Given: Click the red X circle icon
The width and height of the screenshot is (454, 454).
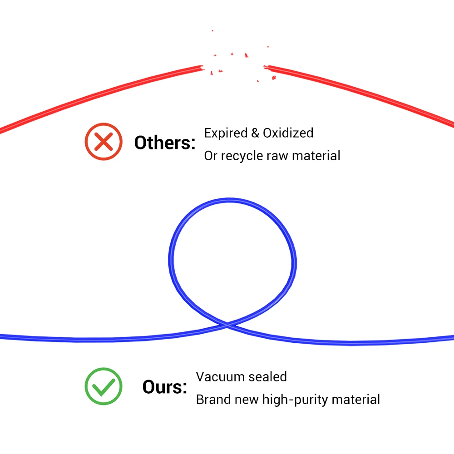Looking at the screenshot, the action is [104, 142].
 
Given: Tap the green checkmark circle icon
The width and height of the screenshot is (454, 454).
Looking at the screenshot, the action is [104, 386].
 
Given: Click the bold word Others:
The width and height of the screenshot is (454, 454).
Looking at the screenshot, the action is [165, 143].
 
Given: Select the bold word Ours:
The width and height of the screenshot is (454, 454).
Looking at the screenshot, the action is [165, 387].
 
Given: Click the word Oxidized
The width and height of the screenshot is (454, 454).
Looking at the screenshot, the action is [288, 133].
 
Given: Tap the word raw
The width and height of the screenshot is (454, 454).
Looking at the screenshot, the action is [277, 156].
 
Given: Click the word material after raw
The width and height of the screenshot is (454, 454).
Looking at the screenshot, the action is [316, 156].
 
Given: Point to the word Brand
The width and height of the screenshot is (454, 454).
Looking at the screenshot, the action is [213, 400].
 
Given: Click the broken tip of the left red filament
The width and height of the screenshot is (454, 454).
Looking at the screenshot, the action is [200, 68].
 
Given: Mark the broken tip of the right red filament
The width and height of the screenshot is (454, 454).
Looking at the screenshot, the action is [267, 68].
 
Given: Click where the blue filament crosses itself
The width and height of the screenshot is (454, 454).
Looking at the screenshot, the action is [227, 323].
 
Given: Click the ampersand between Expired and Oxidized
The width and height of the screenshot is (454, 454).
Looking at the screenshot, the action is [255, 133].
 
